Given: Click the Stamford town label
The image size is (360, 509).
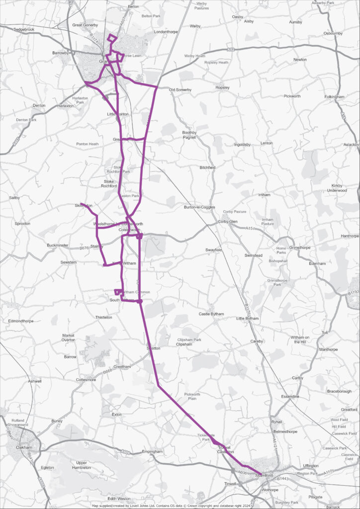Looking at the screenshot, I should [264, 476].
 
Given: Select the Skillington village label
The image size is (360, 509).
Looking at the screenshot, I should [84, 205].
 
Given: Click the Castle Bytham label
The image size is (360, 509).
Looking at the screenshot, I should [211, 314].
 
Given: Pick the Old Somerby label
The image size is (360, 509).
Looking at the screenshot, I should [180, 89].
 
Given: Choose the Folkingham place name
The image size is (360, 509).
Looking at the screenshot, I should [334, 96].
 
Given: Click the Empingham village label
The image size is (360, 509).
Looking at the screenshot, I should [153, 451].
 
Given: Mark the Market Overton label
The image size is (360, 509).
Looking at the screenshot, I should [68, 338].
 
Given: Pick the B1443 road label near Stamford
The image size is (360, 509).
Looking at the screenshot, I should [282, 479].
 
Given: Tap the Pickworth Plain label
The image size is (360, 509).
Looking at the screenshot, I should [192, 396].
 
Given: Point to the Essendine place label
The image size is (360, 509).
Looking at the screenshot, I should [290, 397].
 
